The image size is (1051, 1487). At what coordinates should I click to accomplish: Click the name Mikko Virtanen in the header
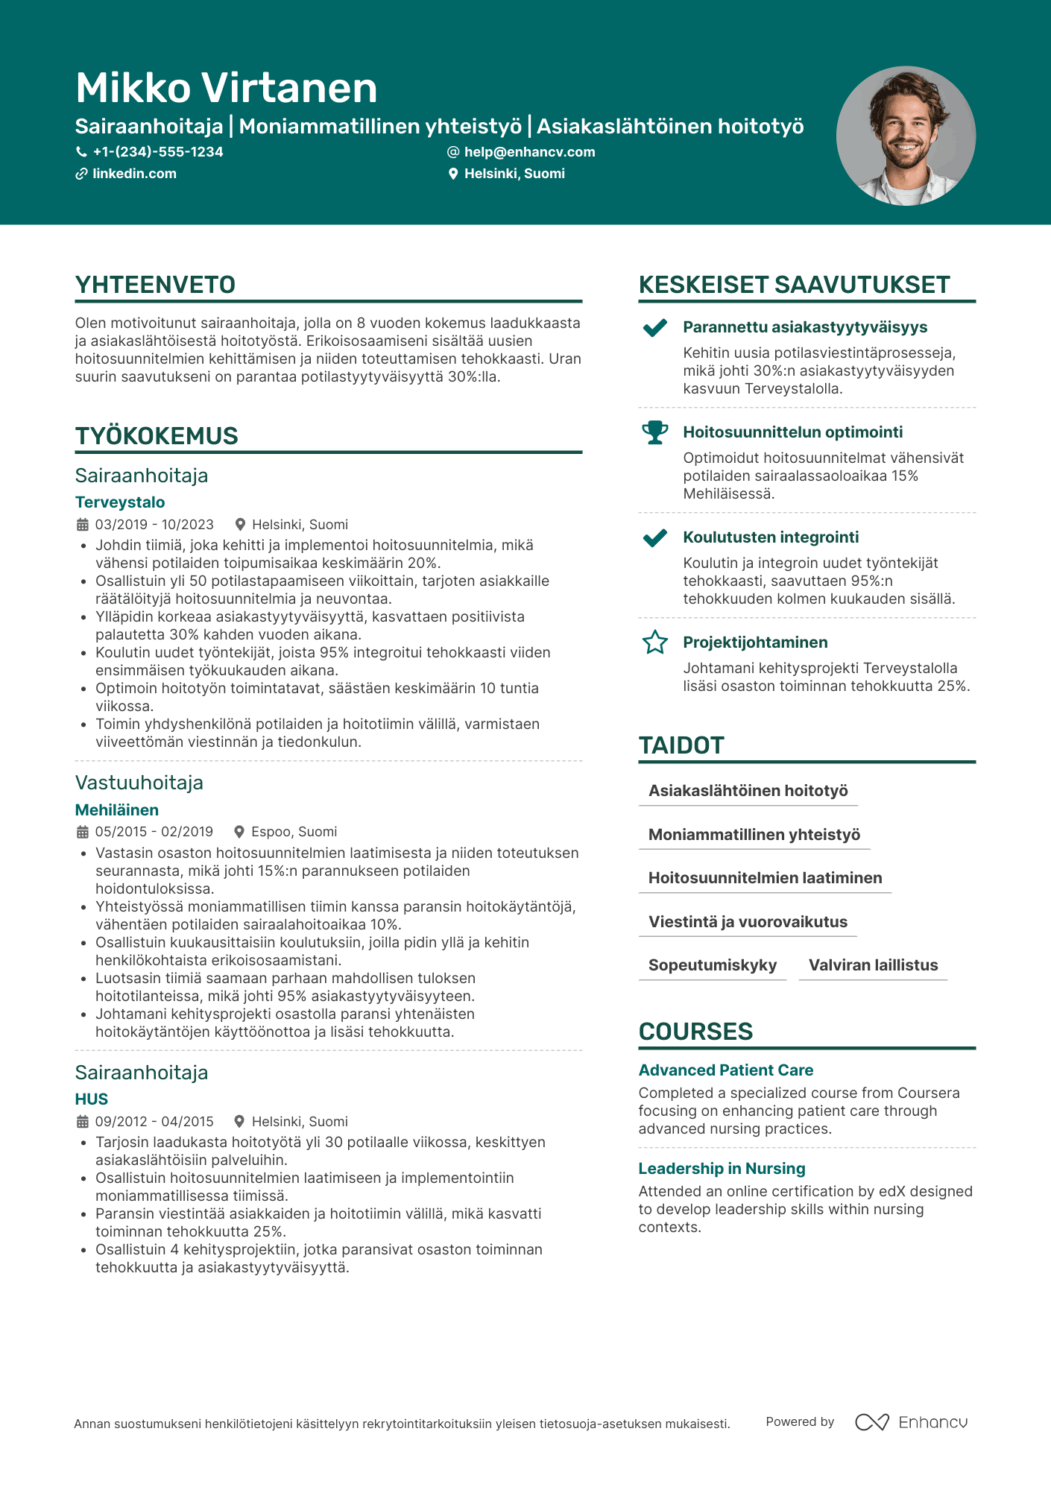pos(227,88)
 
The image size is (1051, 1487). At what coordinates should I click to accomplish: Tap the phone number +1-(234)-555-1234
pos(157,152)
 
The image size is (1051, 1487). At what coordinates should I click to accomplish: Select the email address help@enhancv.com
pos(529,152)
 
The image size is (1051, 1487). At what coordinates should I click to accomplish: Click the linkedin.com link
pos(134,174)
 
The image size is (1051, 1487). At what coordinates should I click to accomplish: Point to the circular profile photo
pos(906,136)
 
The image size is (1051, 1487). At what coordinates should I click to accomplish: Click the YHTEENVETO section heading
pos(155,285)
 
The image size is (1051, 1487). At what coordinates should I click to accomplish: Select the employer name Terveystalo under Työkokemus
pos(120,502)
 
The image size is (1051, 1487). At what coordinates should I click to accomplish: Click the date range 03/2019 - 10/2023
pos(154,525)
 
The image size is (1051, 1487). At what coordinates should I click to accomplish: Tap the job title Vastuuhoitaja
pos(139,783)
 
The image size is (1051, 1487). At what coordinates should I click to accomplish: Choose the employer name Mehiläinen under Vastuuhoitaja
pos(117,810)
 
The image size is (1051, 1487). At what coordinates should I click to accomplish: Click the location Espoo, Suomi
pos(294,832)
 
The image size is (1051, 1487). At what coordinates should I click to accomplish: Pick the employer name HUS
pos(92,1099)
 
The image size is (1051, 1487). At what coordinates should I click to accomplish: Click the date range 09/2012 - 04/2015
pos(154,1122)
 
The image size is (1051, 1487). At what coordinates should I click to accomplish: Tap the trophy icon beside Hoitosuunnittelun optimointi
pos(655,432)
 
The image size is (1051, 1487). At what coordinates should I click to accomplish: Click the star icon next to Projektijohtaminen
pos(655,643)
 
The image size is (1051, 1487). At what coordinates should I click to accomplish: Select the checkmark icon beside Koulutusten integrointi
pos(655,537)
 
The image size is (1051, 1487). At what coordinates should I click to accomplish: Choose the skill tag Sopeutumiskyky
pos(713,965)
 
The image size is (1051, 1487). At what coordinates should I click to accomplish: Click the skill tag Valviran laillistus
pos(873,965)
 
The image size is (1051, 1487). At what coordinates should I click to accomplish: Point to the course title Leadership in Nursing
pos(722,1169)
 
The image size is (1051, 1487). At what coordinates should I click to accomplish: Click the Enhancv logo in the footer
pos(912,1422)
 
